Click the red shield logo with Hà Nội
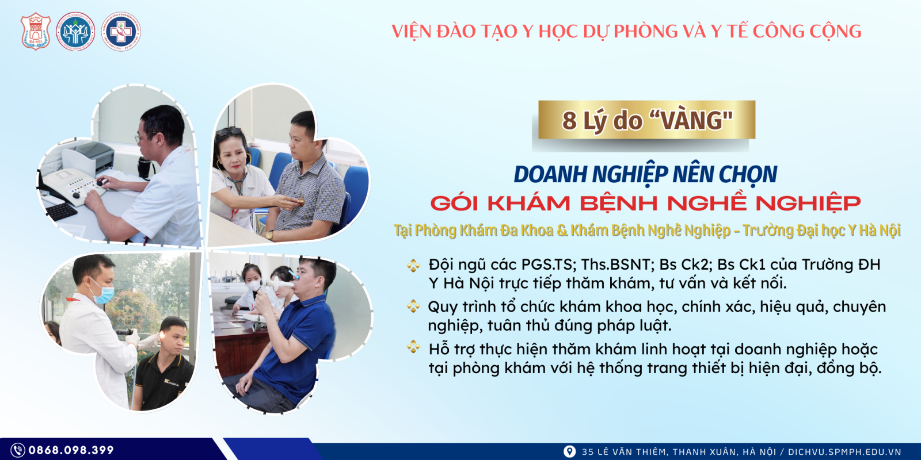[x=36, y=32]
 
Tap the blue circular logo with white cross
[x=121, y=32]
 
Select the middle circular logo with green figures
[x=76, y=32]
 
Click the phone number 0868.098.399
[x=71, y=450]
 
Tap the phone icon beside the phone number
[x=18, y=450]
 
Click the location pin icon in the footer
[x=569, y=451]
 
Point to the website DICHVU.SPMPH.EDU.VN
[x=844, y=452]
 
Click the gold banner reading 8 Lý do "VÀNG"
[x=646, y=120]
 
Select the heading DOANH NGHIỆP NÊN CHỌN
[x=645, y=174]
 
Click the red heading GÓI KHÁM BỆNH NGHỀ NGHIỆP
[x=645, y=203]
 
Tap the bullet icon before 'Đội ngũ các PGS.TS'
[x=413, y=265]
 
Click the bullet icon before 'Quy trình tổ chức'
[x=413, y=306]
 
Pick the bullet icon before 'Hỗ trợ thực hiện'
[x=413, y=347]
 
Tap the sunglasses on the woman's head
[x=229, y=132]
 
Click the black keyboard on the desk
[x=61, y=211]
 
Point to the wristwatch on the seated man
[x=269, y=235]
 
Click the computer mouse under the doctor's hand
[x=102, y=183]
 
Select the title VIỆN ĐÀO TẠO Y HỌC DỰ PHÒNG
[x=626, y=31]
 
